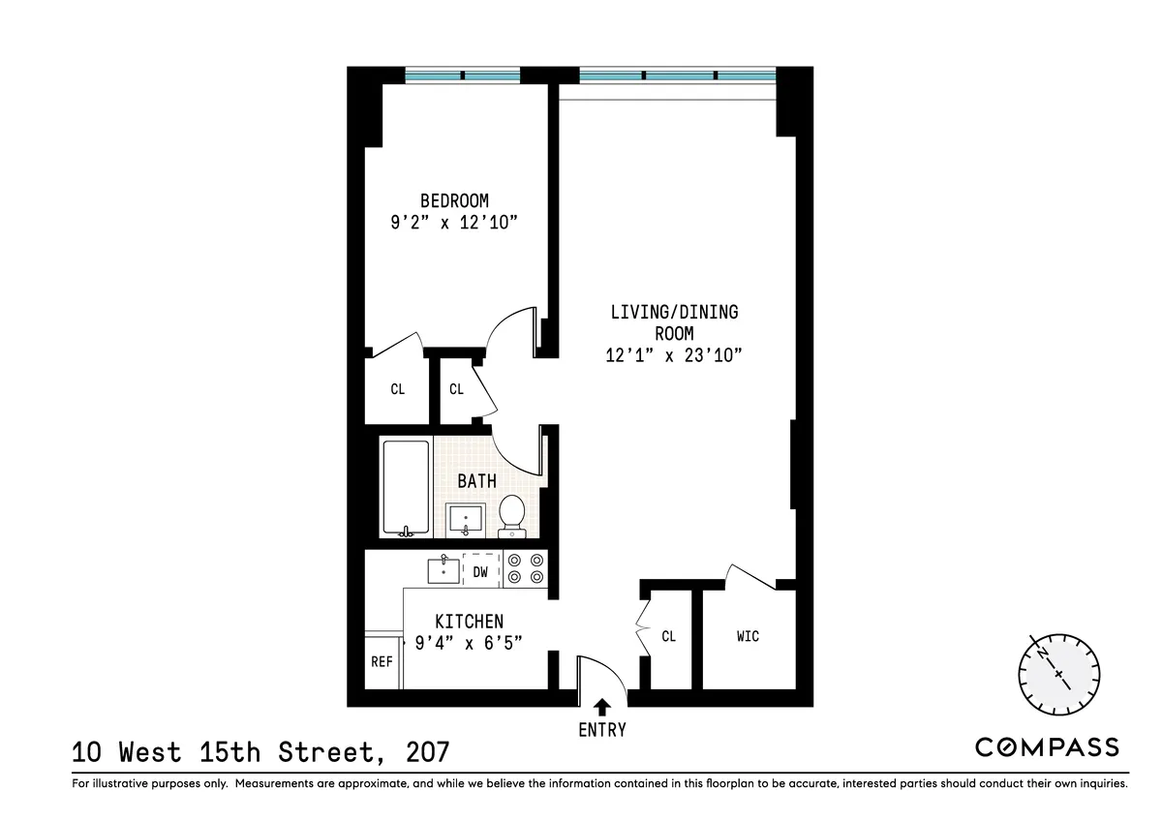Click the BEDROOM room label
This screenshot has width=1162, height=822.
454,200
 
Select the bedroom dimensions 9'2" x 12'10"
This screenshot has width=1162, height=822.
454,224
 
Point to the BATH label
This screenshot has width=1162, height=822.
477,480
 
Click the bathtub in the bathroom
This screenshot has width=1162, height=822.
406,487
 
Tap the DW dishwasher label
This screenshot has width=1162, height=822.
480,572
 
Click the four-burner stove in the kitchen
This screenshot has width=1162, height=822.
526,567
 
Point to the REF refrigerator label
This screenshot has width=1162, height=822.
382,662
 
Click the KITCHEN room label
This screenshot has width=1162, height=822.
469,622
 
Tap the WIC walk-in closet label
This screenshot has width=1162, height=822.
748,636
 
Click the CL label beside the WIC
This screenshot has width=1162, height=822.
668,636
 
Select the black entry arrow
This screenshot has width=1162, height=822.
602,707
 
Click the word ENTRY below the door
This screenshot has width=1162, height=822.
602,730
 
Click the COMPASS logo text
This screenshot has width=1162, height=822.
1046,746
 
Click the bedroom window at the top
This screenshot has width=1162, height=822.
462,76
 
